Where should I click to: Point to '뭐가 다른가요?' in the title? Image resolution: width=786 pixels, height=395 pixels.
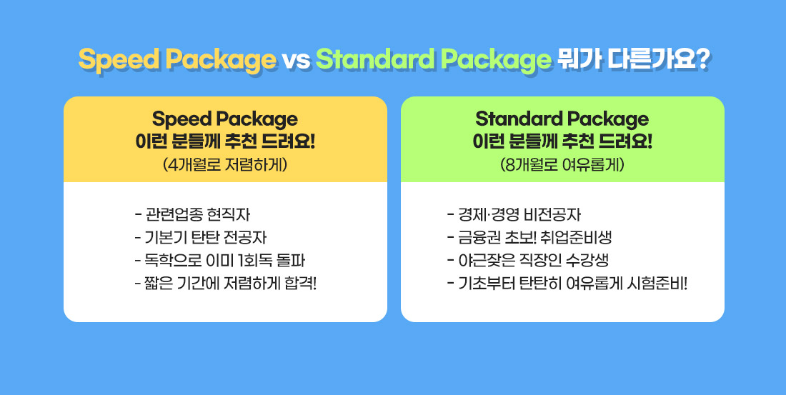[632, 60]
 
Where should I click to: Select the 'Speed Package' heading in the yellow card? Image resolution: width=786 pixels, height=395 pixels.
[225, 119]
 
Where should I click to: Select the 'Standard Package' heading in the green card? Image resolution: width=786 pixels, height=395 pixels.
[562, 119]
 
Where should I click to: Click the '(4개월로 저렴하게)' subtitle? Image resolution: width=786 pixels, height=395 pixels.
[225, 164]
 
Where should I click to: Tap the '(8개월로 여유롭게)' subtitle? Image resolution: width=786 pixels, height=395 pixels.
[562, 164]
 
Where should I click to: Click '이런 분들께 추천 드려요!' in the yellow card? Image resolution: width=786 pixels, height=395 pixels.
[225, 141]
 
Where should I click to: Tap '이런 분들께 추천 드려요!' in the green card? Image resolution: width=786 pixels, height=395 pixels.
[562, 141]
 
